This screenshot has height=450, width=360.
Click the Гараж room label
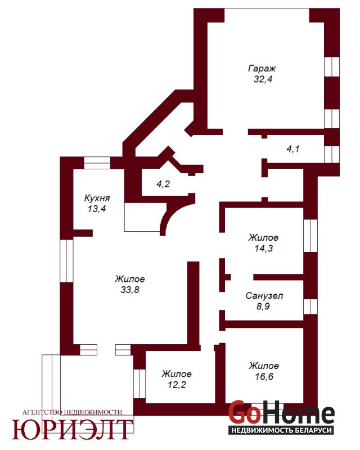pyautogui.click(x=262, y=69)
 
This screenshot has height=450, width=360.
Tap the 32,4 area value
pyautogui.click(x=263, y=79)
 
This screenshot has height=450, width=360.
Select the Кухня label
pyautogui.click(x=97, y=199)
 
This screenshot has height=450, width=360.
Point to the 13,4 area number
pyautogui.click(x=97, y=209)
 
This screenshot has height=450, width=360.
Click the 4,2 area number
pyautogui.click(x=163, y=184)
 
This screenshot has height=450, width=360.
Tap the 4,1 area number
pyautogui.click(x=293, y=149)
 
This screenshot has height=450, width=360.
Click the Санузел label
pyautogui.click(x=264, y=296)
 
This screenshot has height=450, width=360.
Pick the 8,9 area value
pyautogui.click(x=263, y=306)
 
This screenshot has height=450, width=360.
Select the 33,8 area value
pyautogui.click(x=130, y=290)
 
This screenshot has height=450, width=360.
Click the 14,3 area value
pyautogui.click(x=264, y=248)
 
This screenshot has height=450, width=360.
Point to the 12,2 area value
pyautogui.click(x=177, y=384)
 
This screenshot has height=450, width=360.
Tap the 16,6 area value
pyautogui.click(x=264, y=376)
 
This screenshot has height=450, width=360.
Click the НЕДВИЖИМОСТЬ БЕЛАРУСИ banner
pyautogui.click(x=281, y=430)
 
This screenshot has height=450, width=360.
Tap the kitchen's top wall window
pyautogui.click(x=97, y=163)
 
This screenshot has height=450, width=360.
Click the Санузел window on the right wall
pyautogui.click(x=310, y=307)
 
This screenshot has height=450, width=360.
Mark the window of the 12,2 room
pyautogui.click(x=140, y=384)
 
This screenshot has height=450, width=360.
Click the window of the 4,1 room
pyautogui.click(x=332, y=154)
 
